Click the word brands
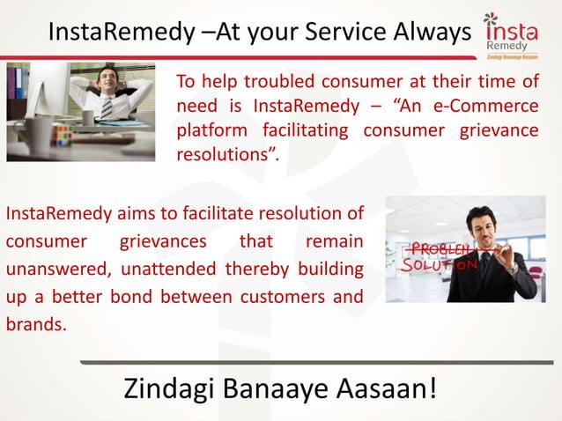[x=35, y=323]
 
